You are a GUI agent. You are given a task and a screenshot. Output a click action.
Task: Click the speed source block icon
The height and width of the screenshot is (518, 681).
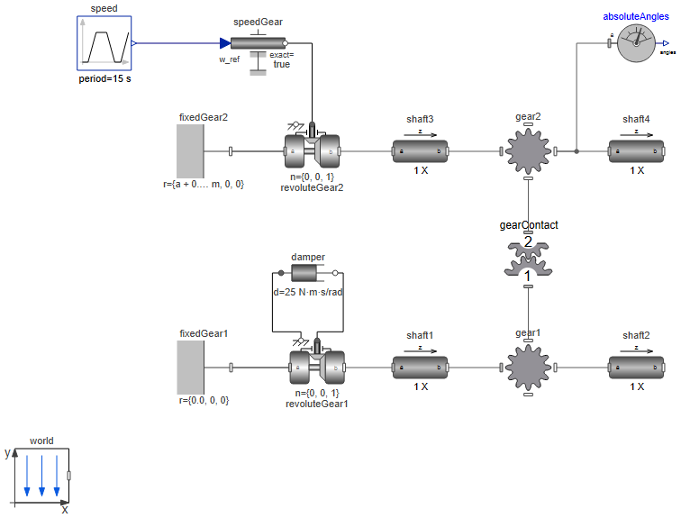tap(104, 42)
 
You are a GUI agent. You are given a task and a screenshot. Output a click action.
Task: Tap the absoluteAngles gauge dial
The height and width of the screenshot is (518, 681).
tap(637, 42)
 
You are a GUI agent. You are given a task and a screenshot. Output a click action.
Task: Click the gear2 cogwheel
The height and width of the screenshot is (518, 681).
tap(528, 151)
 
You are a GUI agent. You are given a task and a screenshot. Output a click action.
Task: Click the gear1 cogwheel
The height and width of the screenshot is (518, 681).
tap(528, 368)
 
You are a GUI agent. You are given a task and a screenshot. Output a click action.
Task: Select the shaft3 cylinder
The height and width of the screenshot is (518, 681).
tap(420, 151)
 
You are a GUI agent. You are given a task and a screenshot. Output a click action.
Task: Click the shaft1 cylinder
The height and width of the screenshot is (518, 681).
tap(420, 368)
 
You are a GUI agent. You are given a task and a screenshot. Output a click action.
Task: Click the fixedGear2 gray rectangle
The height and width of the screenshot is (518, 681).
tap(190, 151)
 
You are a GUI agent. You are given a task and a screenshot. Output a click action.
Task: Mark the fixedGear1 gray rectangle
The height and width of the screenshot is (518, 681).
tap(190, 368)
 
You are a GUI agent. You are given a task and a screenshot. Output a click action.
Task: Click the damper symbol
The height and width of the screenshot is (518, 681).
tap(308, 272)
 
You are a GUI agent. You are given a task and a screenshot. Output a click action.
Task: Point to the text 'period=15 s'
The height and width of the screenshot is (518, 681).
tap(104, 79)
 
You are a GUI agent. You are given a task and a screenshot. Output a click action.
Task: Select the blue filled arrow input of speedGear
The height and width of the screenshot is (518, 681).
tap(224, 42)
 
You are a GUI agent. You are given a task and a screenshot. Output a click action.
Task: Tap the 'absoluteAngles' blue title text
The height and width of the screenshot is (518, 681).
tap(636, 16)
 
